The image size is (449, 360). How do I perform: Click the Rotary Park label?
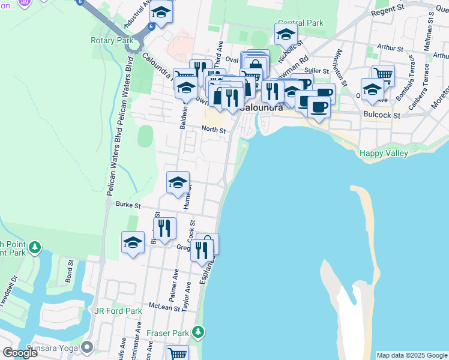[112, 41]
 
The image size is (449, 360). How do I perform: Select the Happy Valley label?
[384, 154]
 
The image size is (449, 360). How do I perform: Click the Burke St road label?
[128, 205]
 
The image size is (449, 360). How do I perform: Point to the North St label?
[213, 130]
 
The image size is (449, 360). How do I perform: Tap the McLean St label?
[165, 308]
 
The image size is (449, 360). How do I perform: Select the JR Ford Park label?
[118, 311]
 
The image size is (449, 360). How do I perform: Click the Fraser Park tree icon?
[198, 332]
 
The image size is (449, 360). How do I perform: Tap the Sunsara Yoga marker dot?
[88, 347]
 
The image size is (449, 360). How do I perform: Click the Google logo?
[20, 353]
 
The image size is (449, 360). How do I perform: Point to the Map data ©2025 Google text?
[411, 355]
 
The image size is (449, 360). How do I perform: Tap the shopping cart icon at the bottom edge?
[178, 354]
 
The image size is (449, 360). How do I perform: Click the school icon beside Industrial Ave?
[161, 13]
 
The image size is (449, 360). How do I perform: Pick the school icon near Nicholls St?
[286, 34]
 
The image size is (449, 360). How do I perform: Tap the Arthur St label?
[388, 47]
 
